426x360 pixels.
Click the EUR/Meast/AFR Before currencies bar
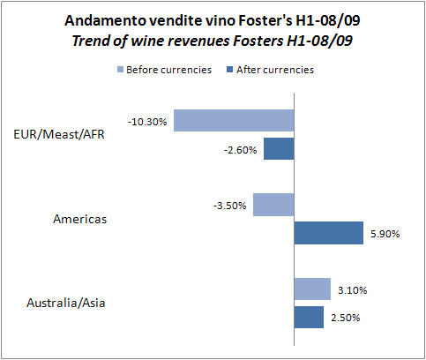coord(233,120)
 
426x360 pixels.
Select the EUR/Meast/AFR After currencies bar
coord(278,149)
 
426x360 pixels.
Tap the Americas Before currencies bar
coord(273,205)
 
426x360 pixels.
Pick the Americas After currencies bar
coord(328,233)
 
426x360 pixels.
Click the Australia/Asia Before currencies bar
coord(311,289)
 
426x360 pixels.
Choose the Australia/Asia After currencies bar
coord(308,317)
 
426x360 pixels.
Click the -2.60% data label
coord(241,150)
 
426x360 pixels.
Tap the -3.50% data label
coord(231,206)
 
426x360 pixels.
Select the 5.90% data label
coord(385,234)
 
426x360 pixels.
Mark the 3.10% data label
coord(353,289)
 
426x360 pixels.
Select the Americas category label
coord(79,219)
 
